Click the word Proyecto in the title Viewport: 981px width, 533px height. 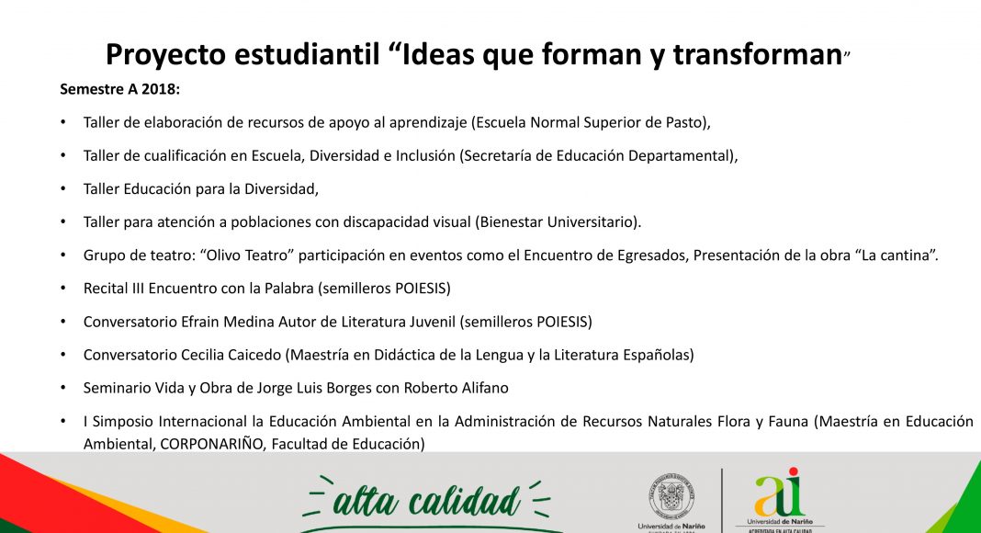(x=165, y=55)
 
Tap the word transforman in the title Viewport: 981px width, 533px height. (x=758, y=54)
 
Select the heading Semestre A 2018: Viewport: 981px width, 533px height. (x=120, y=89)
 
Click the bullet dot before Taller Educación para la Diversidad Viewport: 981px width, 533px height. (x=63, y=188)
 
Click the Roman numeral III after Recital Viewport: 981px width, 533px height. (x=139, y=289)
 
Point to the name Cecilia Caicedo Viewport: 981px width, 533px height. (x=231, y=355)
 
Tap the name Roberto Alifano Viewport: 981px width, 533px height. (x=457, y=388)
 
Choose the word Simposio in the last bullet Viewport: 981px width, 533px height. (x=123, y=422)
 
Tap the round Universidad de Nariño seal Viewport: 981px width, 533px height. (x=671, y=497)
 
